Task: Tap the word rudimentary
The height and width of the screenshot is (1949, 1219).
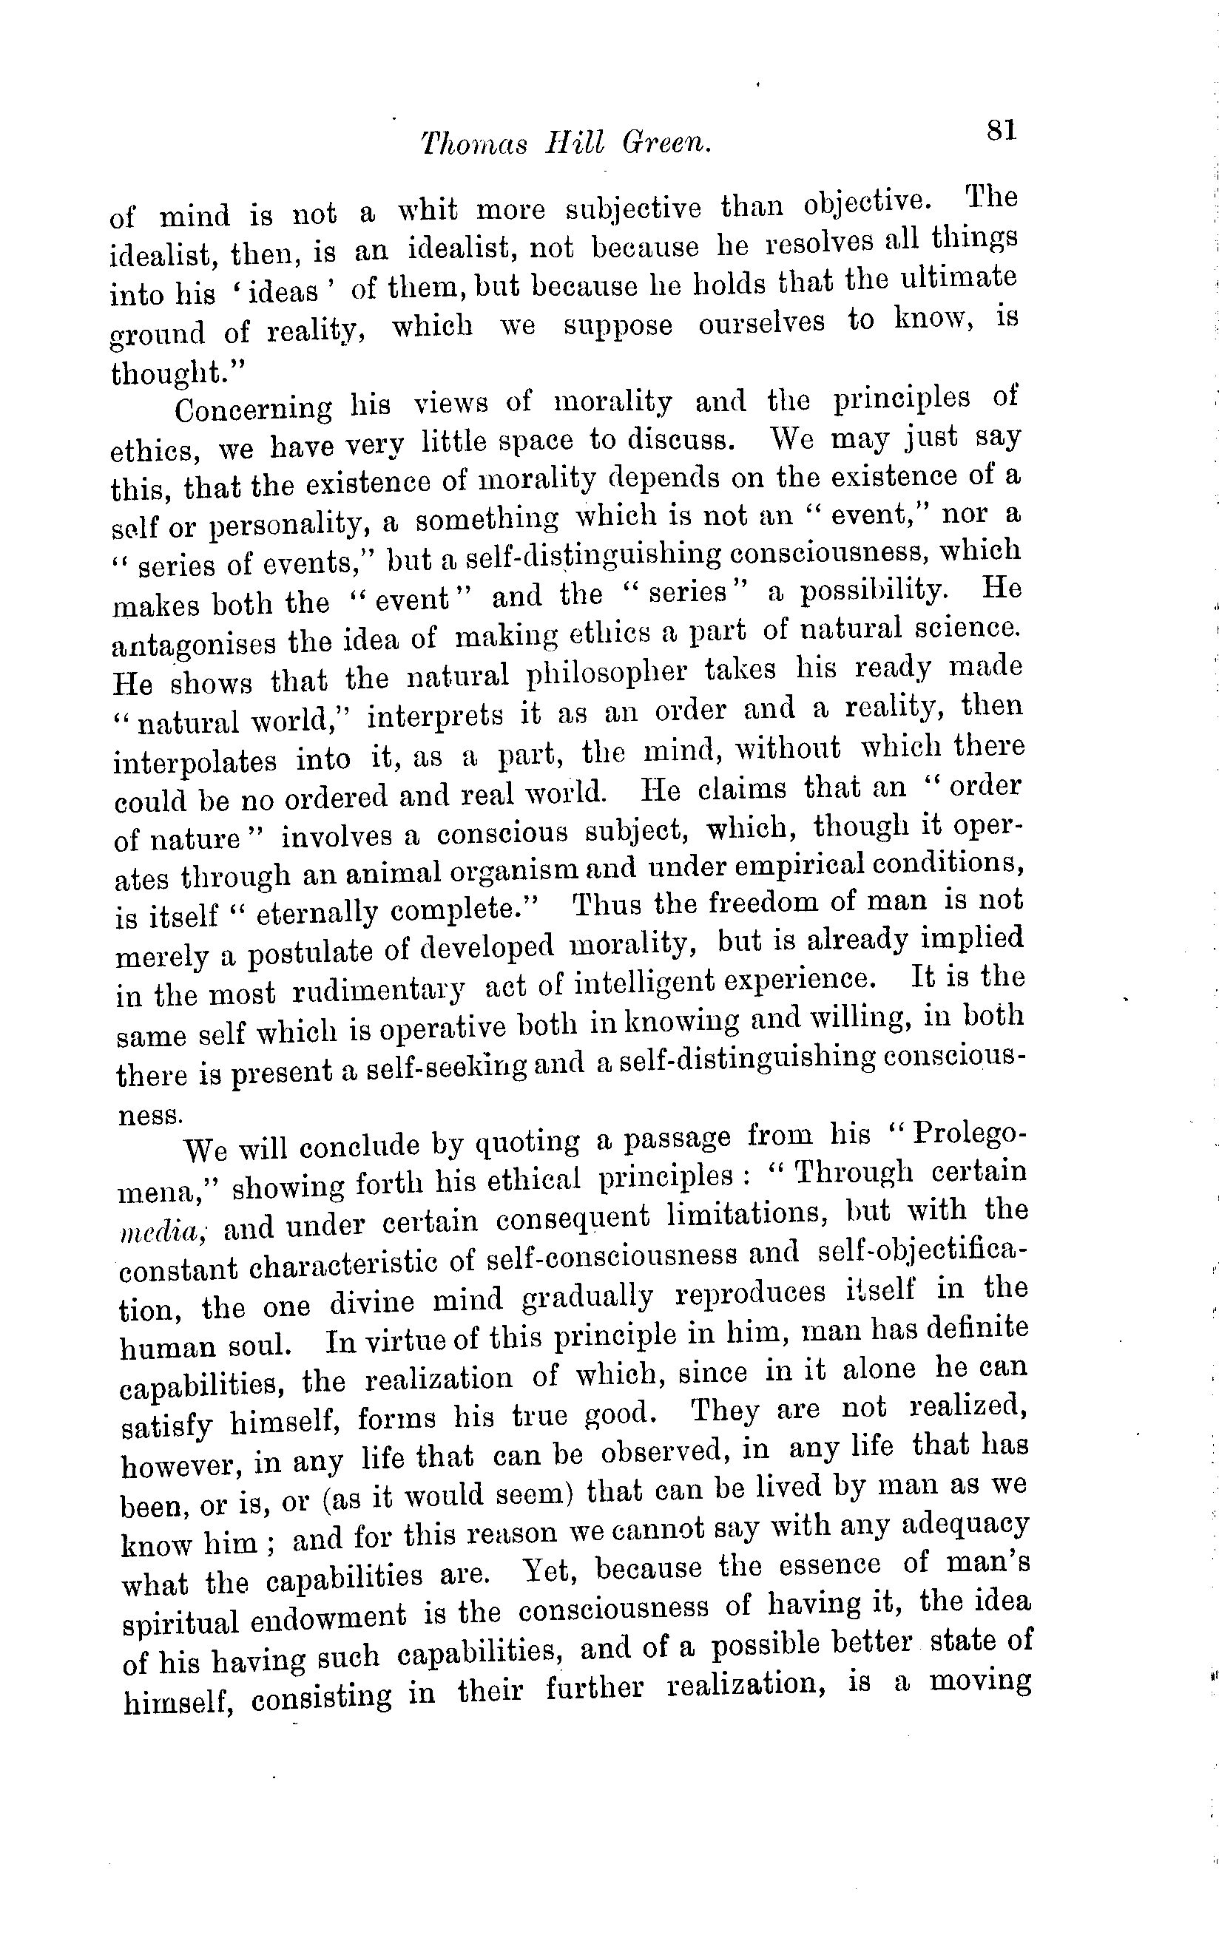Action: click(x=378, y=989)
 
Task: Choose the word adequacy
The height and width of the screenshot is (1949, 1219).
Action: click(x=965, y=1525)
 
